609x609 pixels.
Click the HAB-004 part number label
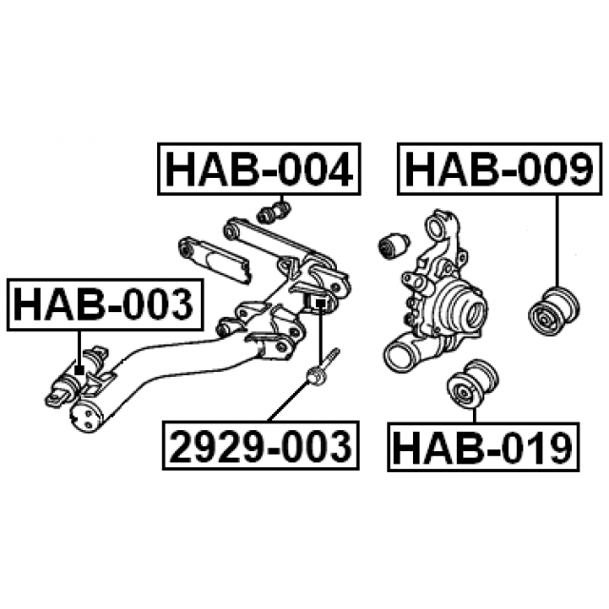click(x=259, y=169)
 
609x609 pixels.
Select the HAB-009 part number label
click(x=500, y=169)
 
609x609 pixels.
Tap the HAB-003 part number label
click(x=105, y=304)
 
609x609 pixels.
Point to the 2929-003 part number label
click(x=261, y=445)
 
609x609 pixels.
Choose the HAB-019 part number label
click(x=483, y=447)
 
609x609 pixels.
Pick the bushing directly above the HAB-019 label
click(x=472, y=383)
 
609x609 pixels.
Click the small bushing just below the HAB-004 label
click(x=274, y=212)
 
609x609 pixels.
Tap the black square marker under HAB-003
click(x=79, y=370)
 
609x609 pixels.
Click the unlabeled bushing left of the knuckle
click(x=392, y=246)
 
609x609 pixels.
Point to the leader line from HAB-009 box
click(x=556, y=241)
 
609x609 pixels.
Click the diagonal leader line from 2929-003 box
click(x=289, y=401)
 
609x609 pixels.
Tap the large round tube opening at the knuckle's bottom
click(x=399, y=353)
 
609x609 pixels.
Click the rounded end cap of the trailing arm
click(x=87, y=417)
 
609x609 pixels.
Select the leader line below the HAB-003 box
click(x=79, y=348)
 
